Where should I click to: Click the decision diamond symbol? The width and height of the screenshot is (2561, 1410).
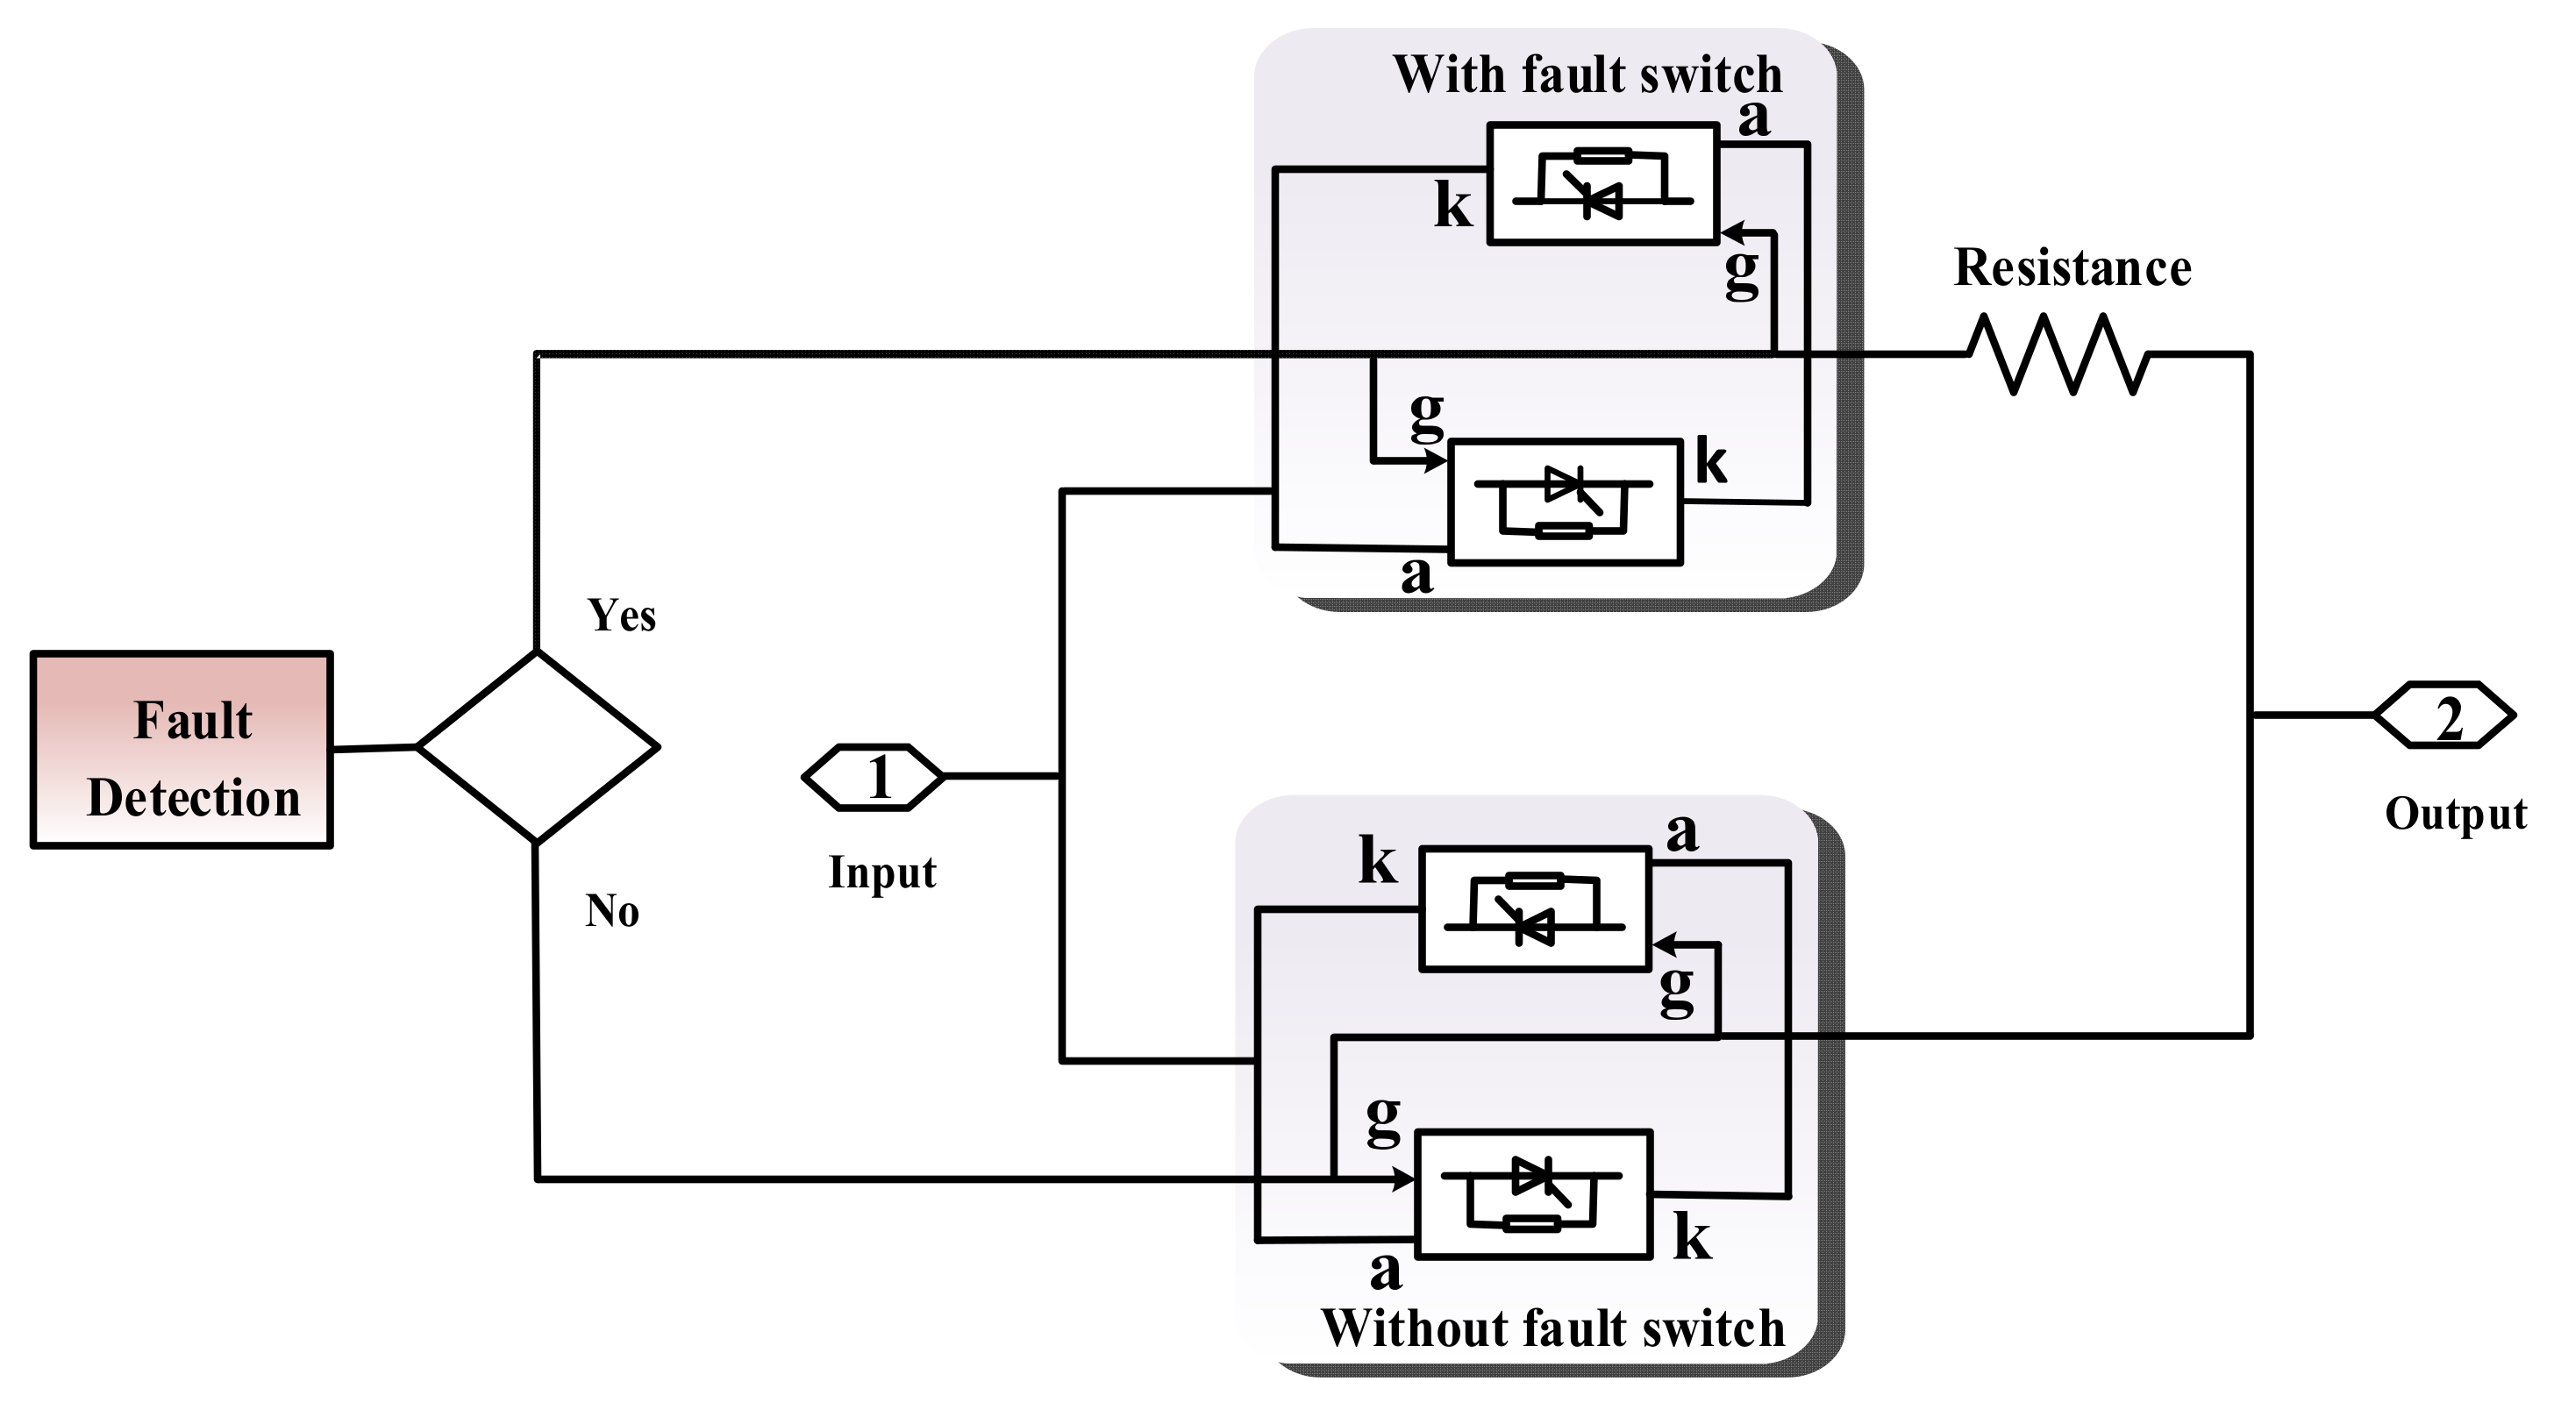(x=537, y=747)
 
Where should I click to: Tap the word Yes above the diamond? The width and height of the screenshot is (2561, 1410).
(x=621, y=616)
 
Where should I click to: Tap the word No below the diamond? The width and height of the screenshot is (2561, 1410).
(x=611, y=911)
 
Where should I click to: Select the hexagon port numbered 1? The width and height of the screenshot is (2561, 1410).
(x=873, y=777)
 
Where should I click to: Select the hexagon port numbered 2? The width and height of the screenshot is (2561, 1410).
(x=2444, y=716)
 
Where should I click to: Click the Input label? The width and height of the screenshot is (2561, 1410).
(x=881, y=872)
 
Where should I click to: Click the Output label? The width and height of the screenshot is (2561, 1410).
(x=2455, y=814)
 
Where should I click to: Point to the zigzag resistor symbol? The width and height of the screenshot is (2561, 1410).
(x=2058, y=353)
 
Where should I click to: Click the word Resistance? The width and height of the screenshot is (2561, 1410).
(x=2072, y=268)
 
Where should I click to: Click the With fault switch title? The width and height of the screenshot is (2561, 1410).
(x=1587, y=75)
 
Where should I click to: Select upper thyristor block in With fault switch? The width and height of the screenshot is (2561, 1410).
(x=1602, y=184)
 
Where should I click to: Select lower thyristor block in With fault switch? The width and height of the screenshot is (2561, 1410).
(x=1566, y=502)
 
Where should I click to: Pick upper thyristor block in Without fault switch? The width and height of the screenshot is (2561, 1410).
(x=1535, y=908)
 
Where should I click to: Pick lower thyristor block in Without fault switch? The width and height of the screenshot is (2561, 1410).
(x=1533, y=1194)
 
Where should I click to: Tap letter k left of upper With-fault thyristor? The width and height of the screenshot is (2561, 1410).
(x=1452, y=207)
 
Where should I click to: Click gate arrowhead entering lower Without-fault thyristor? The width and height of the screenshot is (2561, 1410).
(x=1404, y=1179)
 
